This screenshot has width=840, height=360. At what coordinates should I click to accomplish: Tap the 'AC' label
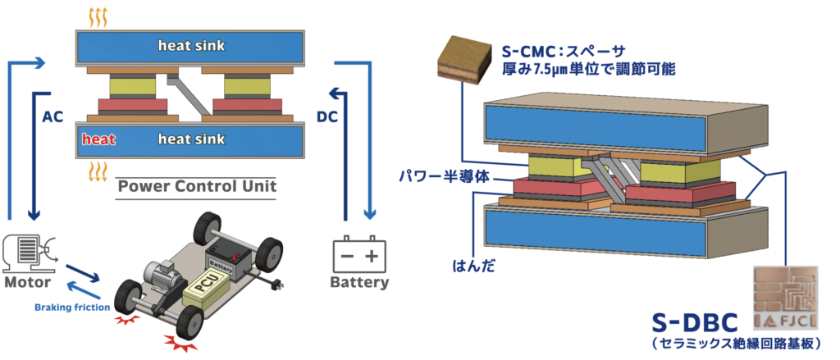[x=52, y=116]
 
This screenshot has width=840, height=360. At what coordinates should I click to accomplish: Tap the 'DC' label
[x=327, y=116]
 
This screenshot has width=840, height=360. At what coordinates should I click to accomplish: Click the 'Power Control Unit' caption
[x=197, y=186]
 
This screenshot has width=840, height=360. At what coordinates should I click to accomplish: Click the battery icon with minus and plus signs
[x=358, y=255]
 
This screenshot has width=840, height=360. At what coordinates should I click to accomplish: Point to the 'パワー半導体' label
[x=433, y=175]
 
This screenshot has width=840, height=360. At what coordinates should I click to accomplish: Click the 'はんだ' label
[x=471, y=267]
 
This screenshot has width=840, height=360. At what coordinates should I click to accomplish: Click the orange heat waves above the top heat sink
[x=98, y=16]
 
